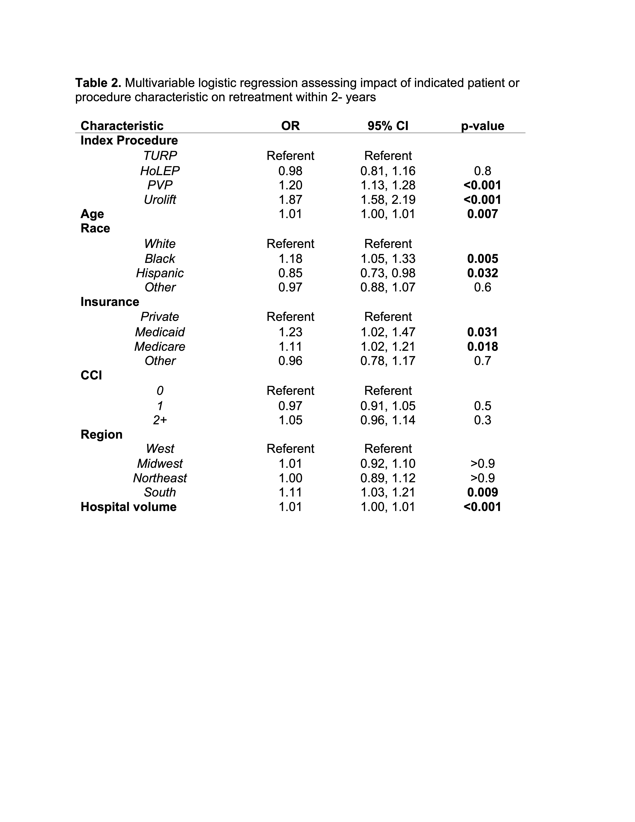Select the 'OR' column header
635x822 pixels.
pyautogui.click(x=290, y=126)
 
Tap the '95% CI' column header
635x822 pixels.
pyautogui.click(x=388, y=126)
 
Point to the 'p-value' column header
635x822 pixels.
pyautogui.click(x=483, y=126)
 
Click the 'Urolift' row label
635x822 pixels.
pyautogui.click(x=160, y=200)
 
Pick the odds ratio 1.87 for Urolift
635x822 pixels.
pyautogui.click(x=290, y=200)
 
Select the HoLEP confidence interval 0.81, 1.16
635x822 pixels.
pyautogui.click(x=388, y=171)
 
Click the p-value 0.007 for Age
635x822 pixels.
pyautogui.click(x=483, y=214)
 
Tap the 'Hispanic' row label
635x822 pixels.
pyautogui.click(x=160, y=273)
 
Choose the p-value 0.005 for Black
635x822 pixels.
pyautogui.click(x=483, y=259)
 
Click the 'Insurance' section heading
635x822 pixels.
pyautogui.click(x=110, y=302)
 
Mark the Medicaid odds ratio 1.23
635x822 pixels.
pyautogui.click(x=290, y=332)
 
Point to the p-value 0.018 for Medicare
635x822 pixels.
pyautogui.click(x=483, y=346)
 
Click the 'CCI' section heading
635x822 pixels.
pyautogui.click(x=91, y=375)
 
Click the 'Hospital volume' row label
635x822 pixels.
pyautogui.click(x=129, y=507)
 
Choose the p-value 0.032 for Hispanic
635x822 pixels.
pyautogui.click(x=483, y=273)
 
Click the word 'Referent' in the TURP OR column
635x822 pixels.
pyautogui.click(x=290, y=155)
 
